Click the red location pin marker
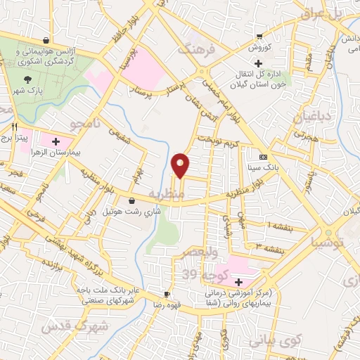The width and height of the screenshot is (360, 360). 181,165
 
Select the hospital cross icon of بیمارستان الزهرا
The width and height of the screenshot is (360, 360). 66,141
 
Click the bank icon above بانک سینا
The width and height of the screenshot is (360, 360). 264,157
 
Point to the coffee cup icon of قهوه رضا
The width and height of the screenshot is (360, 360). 167,294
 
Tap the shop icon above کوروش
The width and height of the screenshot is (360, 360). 260,37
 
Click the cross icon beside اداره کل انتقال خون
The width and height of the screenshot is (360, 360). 259,63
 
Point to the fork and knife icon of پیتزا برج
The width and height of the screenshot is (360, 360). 14,127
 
